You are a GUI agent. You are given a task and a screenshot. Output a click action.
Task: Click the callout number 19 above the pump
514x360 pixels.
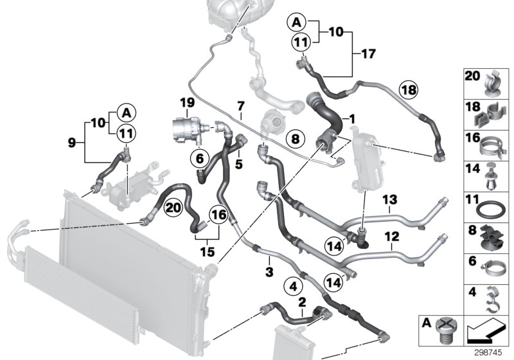(186, 103)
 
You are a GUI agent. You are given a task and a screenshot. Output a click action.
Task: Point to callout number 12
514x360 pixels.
(388, 236)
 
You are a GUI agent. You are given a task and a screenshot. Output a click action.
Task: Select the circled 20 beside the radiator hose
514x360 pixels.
(172, 207)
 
